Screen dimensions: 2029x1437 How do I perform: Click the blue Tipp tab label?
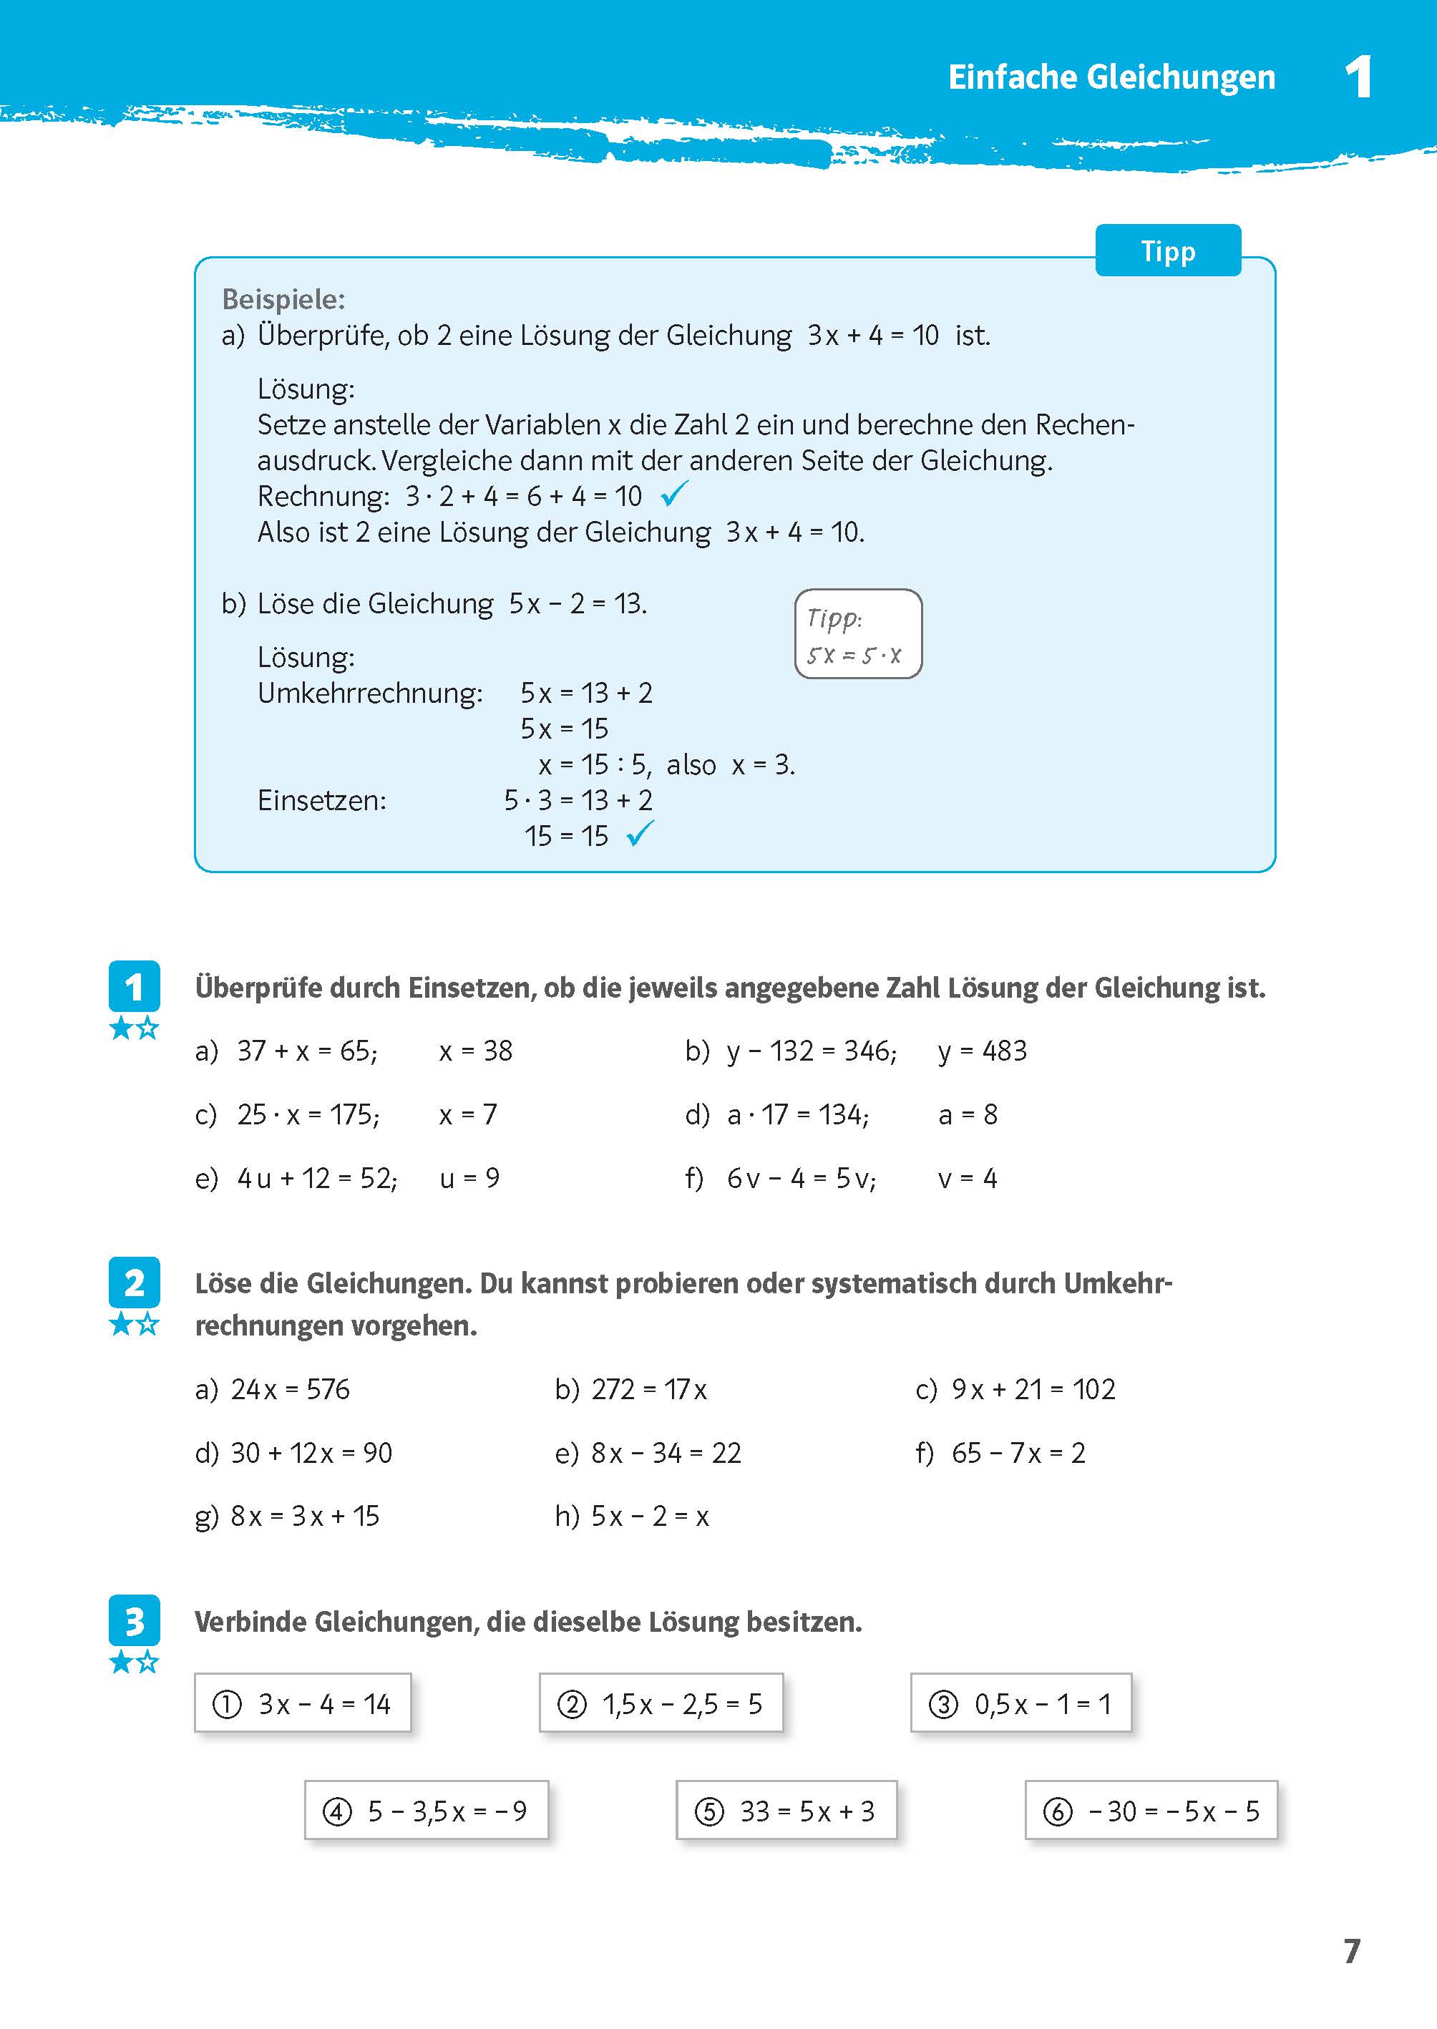tap(1167, 251)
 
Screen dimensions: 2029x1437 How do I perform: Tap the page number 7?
tap(1351, 1950)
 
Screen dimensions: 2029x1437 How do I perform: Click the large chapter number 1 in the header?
tap(1358, 78)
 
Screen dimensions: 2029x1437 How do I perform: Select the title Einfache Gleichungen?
tap(1111, 78)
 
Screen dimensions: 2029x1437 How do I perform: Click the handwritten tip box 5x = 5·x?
tap(857, 634)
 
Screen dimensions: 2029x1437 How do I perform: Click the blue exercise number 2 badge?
tap(134, 1283)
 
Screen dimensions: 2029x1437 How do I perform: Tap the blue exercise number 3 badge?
tap(134, 1621)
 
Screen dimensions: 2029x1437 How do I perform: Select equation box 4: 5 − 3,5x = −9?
tap(427, 1811)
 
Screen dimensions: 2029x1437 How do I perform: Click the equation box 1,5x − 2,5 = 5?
tap(661, 1703)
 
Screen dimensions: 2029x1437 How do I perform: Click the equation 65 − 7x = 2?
tap(1018, 1453)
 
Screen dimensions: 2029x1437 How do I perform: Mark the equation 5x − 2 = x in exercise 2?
tap(650, 1517)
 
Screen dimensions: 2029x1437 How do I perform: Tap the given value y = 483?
tap(982, 1051)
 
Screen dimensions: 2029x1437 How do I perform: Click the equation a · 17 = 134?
tap(797, 1115)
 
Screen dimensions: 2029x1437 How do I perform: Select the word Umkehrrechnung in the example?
tap(370, 693)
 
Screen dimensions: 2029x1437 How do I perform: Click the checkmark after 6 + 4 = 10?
tap(673, 494)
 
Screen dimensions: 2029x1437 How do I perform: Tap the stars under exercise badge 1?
tap(134, 1028)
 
